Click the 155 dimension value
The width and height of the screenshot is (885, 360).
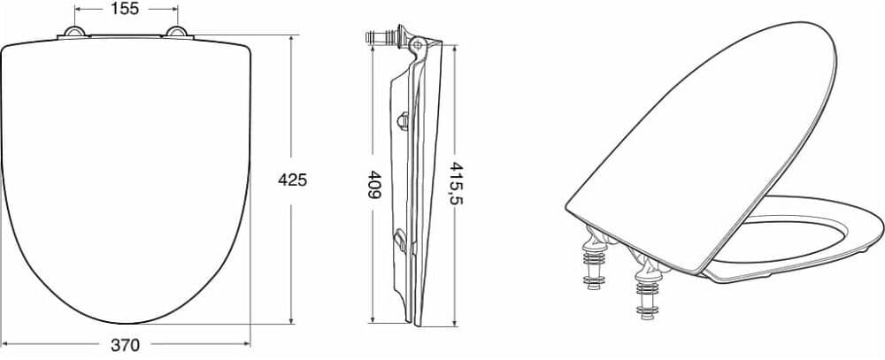(126, 9)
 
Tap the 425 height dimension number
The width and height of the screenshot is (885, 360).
(292, 180)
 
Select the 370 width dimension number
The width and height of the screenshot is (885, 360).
(125, 344)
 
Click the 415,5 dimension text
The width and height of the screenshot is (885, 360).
(456, 183)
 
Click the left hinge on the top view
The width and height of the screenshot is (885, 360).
(74, 32)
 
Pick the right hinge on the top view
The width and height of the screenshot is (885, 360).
(177, 32)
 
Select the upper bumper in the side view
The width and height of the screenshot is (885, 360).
(403, 121)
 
